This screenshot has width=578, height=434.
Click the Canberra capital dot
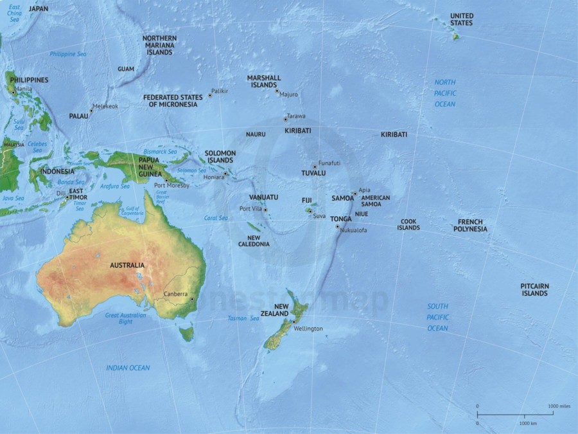tap(191, 299)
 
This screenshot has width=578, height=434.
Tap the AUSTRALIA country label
tap(127, 265)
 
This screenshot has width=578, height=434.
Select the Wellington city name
tap(308, 329)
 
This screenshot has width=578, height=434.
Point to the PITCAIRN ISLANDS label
tap(534, 289)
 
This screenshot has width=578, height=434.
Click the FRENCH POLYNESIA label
tap(470, 225)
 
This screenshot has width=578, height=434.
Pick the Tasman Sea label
tap(241, 318)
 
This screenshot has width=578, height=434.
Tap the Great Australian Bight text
tap(126, 318)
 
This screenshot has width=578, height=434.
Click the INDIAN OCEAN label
tap(128, 368)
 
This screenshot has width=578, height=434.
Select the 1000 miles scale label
tap(558, 406)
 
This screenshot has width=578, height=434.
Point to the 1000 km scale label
tap(528, 424)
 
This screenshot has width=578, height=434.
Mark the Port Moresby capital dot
tap(166, 180)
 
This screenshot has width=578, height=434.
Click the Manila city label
tap(23, 89)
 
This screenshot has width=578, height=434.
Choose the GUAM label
tap(126, 69)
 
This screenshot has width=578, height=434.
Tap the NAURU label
tap(256, 134)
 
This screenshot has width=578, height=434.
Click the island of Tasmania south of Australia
tap(186, 334)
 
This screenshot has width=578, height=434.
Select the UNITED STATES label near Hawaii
tap(461, 19)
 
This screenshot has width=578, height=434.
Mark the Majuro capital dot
tap(277, 91)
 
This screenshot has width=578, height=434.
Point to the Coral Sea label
tap(216, 218)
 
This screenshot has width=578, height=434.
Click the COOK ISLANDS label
tap(408, 224)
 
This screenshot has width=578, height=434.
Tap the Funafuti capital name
tap(329, 163)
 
